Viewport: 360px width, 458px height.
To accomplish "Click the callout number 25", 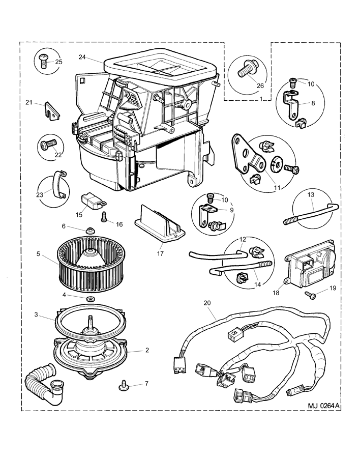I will click(59, 62).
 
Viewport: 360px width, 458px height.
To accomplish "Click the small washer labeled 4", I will click(91, 297).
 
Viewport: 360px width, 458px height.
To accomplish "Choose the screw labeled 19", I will click(309, 295).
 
